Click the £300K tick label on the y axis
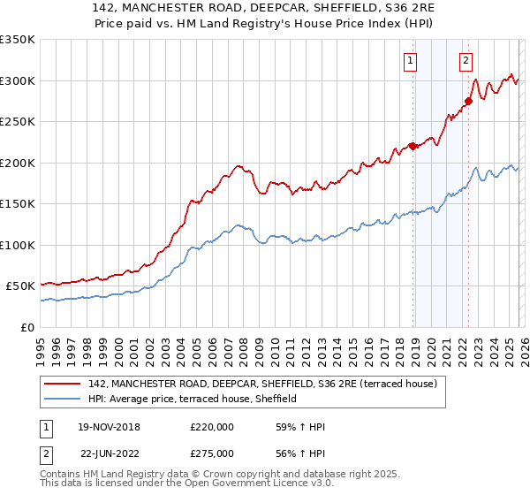(18, 80)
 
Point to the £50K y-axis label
(20, 286)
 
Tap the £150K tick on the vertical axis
(18, 204)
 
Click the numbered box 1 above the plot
(412, 61)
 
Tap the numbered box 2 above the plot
(466, 61)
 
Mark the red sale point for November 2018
(413, 146)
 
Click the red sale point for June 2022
(469, 101)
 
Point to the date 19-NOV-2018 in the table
(110, 427)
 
